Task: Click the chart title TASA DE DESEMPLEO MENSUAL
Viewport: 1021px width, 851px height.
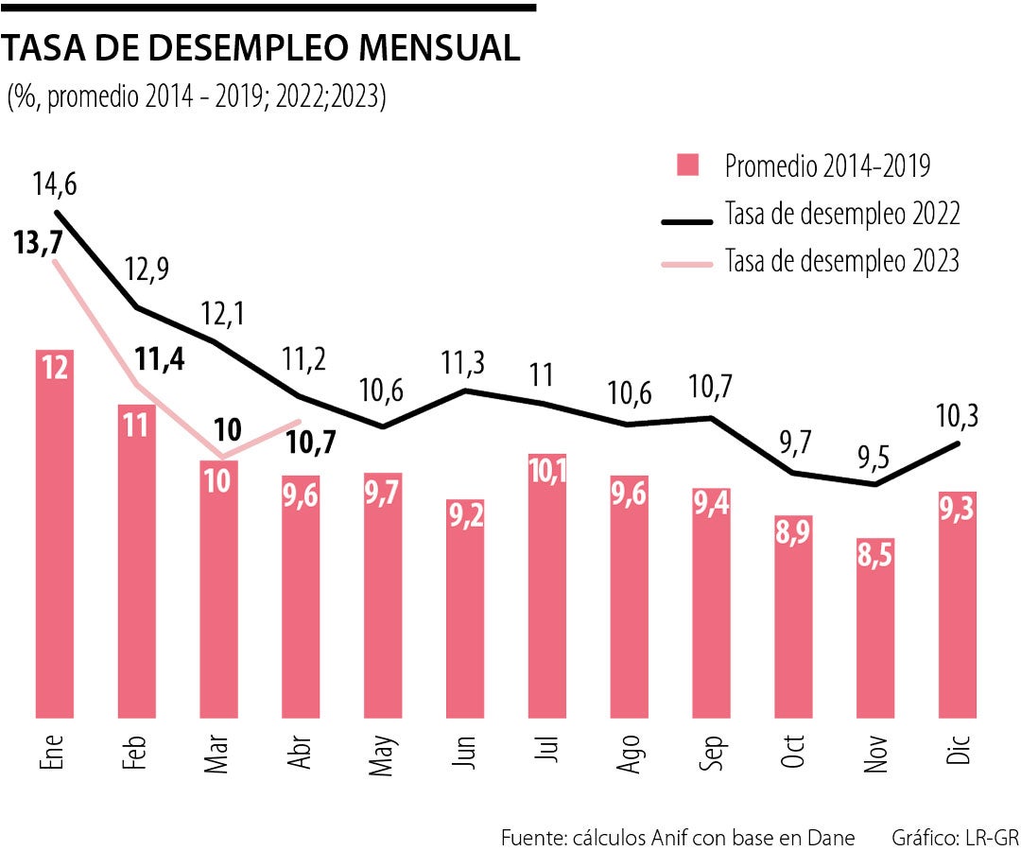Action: tap(262, 48)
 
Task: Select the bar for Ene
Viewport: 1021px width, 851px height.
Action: tap(55, 534)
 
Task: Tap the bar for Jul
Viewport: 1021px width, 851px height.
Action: tap(548, 586)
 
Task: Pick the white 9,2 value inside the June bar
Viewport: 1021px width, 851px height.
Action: tap(465, 516)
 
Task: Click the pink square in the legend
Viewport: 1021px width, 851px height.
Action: tap(688, 165)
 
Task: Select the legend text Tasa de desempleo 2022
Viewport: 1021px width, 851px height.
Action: tap(842, 215)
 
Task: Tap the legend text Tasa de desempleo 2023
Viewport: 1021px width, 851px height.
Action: tap(842, 260)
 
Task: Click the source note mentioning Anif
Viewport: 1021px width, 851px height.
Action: tap(678, 837)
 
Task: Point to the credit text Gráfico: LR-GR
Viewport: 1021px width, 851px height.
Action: tap(955, 837)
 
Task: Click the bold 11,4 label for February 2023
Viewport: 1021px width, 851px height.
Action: tap(159, 359)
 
